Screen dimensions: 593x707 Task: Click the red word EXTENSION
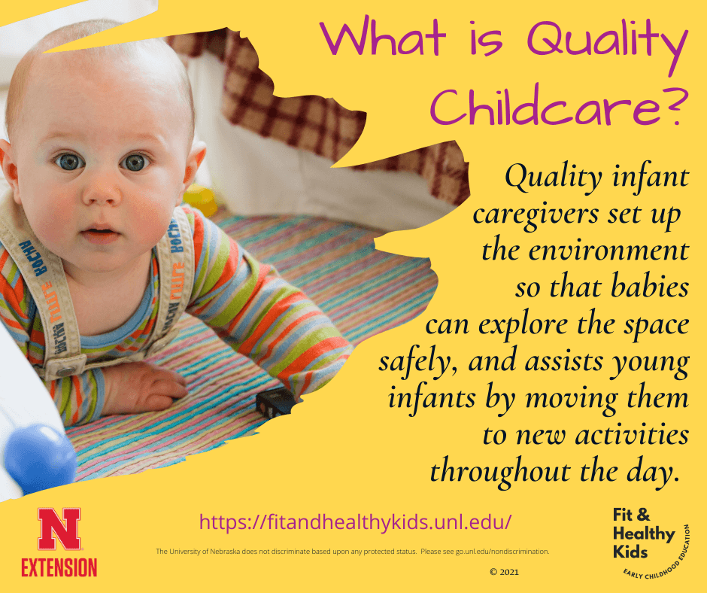point(59,566)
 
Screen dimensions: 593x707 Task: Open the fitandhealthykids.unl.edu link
point(356,521)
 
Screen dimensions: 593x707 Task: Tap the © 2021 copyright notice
point(503,572)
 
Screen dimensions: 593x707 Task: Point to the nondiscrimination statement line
point(352,552)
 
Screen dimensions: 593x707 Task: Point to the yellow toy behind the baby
point(199,199)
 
